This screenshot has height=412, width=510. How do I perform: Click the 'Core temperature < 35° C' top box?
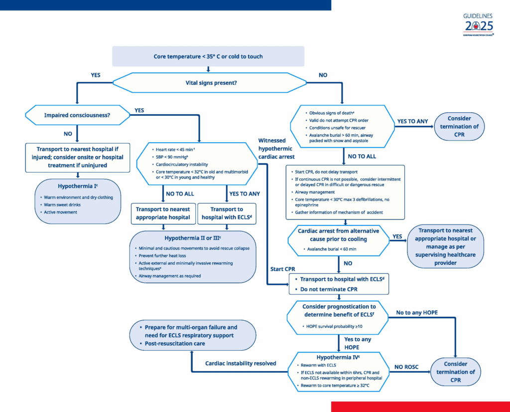click(208, 56)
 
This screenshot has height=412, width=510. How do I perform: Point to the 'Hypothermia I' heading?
click(78, 187)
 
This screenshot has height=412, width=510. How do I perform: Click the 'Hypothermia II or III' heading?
click(193, 238)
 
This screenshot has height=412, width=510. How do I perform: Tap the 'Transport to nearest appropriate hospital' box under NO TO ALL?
click(162, 213)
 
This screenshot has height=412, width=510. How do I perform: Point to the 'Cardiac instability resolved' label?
click(241, 363)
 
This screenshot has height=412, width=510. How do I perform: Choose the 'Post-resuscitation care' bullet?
click(175, 344)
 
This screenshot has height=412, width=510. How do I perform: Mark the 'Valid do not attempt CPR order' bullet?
click(339, 121)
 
